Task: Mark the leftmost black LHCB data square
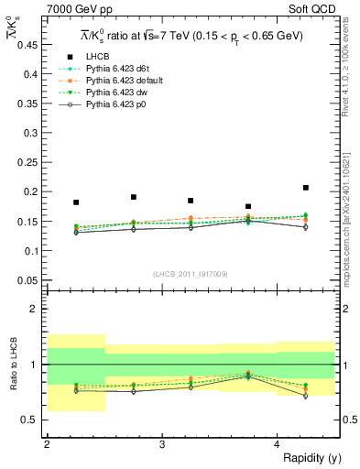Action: (x=76, y=202)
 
